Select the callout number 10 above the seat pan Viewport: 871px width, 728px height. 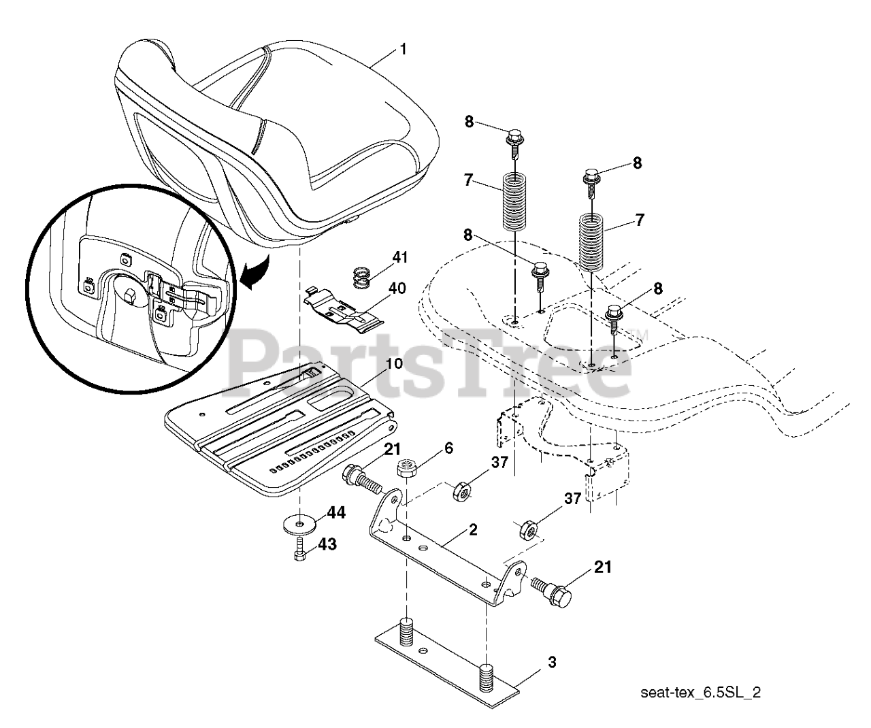click(394, 363)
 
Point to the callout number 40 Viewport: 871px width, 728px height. click(397, 288)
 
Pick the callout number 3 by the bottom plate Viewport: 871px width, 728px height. click(552, 661)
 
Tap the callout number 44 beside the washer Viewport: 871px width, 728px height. click(336, 513)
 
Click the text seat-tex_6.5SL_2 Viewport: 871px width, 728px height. click(701, 693)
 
